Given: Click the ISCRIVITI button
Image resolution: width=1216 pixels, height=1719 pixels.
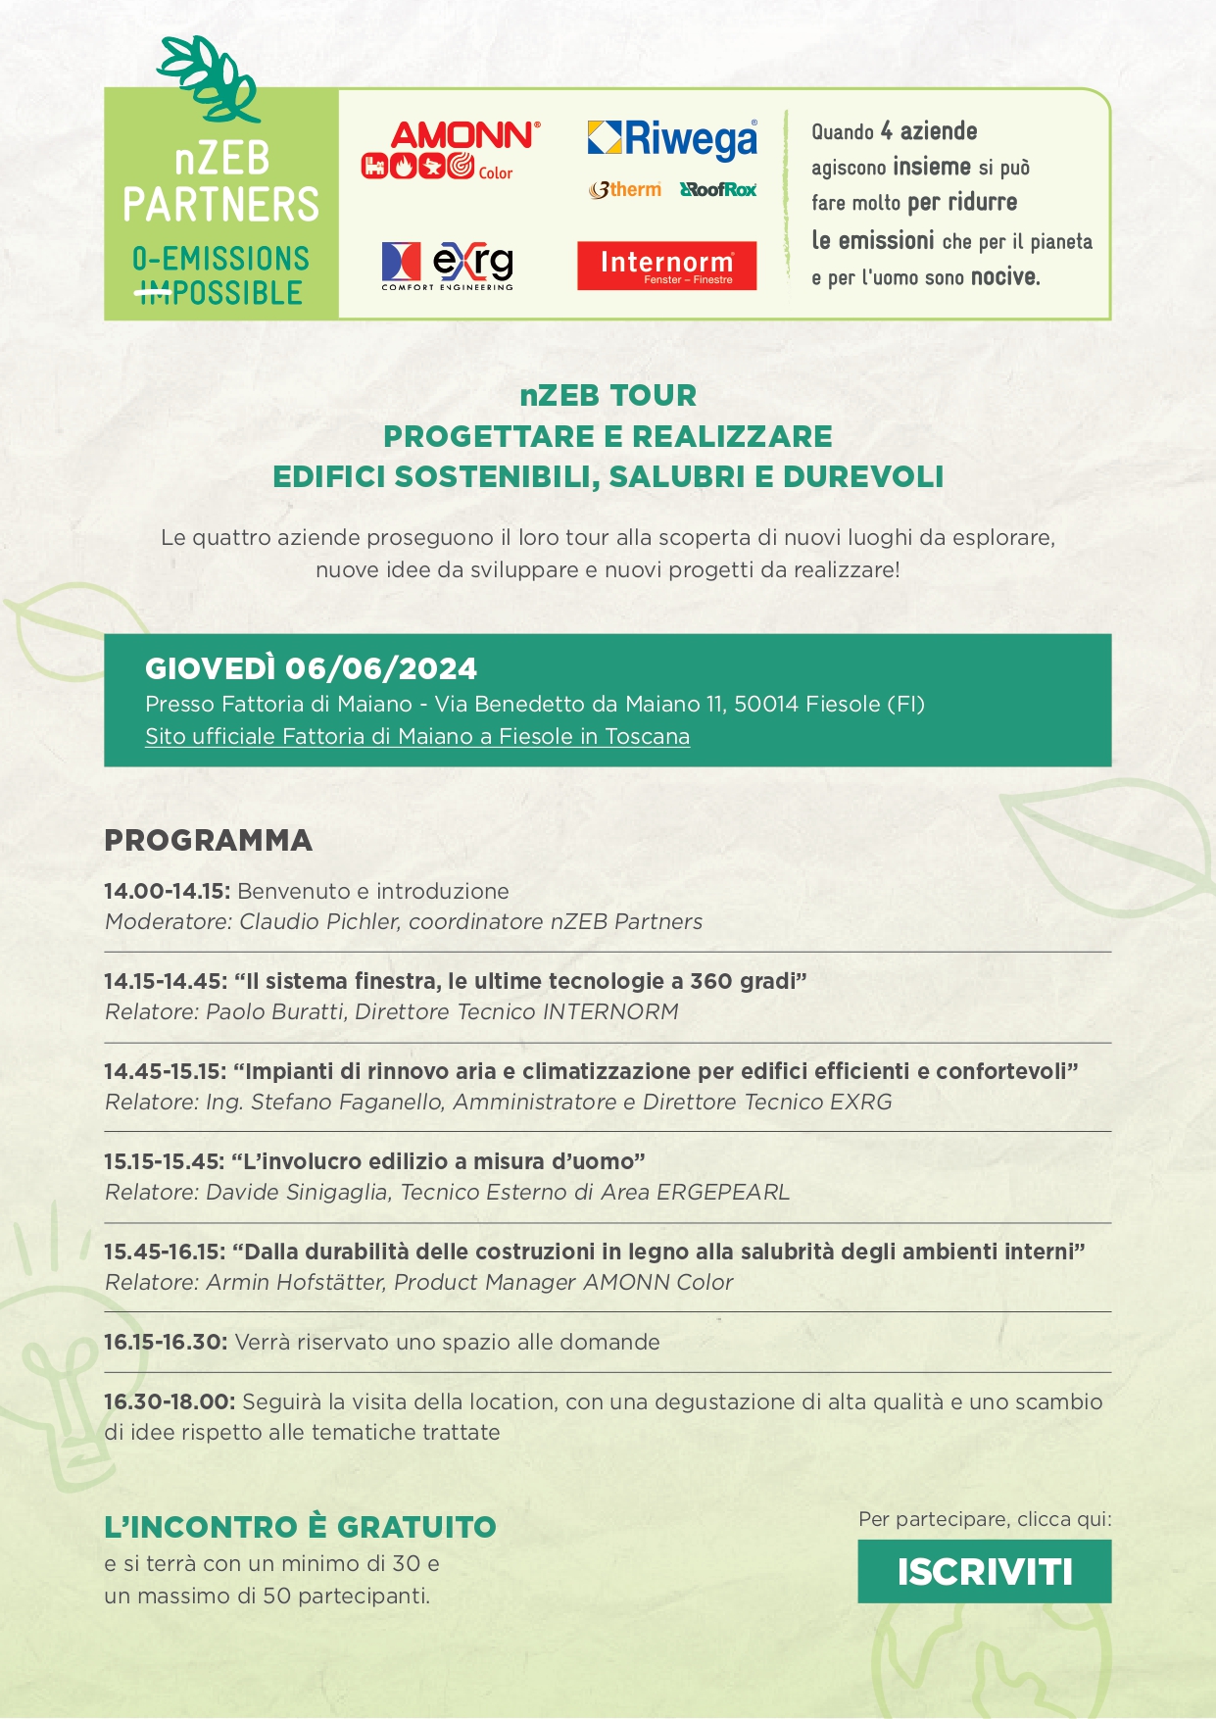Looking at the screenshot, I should coord(984,1571).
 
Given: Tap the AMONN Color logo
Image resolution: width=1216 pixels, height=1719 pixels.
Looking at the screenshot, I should coord(451,151).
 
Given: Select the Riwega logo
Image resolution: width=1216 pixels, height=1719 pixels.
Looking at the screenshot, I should coord(672,139).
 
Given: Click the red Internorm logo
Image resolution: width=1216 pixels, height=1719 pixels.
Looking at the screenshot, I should coord(666,266).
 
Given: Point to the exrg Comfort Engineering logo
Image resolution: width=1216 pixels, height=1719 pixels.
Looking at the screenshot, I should coord(447,266).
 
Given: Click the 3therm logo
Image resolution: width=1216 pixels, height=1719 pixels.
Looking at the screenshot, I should coord(625,189).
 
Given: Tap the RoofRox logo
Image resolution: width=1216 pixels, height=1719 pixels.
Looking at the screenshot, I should coord(718,189).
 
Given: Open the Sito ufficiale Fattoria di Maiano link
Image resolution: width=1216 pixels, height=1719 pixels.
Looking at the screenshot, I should coord(417,736).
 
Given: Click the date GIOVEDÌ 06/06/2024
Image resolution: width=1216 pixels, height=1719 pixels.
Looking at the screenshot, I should coord(311,668).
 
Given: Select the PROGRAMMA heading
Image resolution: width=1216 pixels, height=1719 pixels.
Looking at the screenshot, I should coord(208,840).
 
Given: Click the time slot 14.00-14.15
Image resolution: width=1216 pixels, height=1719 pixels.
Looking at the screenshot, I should coord(167,891).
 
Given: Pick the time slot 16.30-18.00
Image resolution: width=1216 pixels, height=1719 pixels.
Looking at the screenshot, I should coord(169,1401).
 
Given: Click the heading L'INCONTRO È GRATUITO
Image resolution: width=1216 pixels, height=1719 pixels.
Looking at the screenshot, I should coord(300,1526).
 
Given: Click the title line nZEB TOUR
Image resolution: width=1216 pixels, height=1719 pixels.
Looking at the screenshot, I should coord(608,395).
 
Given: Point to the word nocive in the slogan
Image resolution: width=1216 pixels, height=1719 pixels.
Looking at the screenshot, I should coord(1004,277).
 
